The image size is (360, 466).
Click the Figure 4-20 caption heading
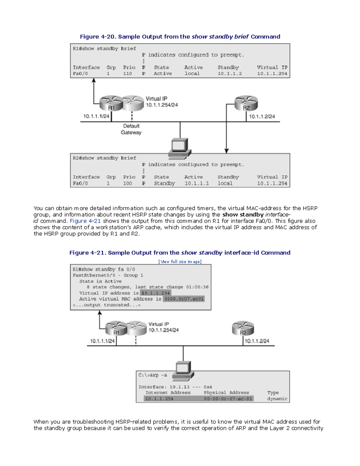tap(180, 37)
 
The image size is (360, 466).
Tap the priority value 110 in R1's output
tap(127, 74)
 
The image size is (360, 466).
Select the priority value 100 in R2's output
tap(127, 183)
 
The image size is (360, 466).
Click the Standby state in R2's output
tap(164, 183)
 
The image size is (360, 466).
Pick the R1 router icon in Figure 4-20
tap(111, 103)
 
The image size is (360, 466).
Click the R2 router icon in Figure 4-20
tap(246, 103)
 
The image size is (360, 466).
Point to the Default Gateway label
tap(131, 129)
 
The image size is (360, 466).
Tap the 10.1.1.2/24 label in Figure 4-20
tap(262, 116)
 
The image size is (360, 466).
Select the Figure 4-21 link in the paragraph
tap(85, 221)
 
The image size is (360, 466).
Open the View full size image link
tap(180, 262)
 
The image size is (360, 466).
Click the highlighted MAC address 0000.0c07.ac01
tap(184, 299)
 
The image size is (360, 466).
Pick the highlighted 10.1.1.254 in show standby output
tap(155, 293)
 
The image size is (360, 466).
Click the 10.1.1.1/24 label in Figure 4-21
tap(102, 341)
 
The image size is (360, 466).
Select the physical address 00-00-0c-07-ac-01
tap(228, 399)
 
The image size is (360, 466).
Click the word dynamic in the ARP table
tap(277, 399)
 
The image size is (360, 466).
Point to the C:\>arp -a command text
tap(153, 375)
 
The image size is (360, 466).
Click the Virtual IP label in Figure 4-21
tap(159, 324)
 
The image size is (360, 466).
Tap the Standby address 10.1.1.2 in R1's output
tap(229, 74)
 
